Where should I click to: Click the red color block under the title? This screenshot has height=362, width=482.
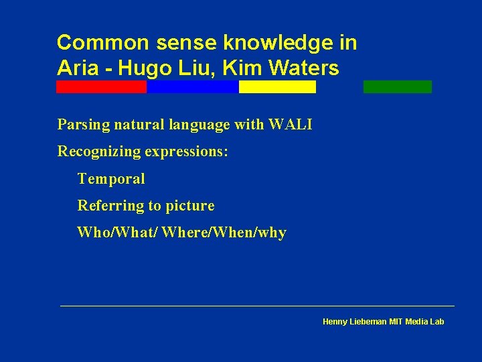point(101,86)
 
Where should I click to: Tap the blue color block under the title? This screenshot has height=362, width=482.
point(192,86)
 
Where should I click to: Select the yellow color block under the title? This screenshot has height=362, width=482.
point(277,86)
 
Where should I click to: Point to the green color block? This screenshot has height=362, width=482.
point(397,86)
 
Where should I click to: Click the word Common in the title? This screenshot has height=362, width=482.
point(102,43)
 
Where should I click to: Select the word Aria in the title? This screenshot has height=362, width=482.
point(76,68)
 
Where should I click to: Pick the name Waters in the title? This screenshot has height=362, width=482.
point(306,68)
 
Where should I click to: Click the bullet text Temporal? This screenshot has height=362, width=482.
point(111,179)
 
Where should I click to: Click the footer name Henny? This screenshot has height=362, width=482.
point(335,322)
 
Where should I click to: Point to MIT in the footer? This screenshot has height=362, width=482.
point(397,322)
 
